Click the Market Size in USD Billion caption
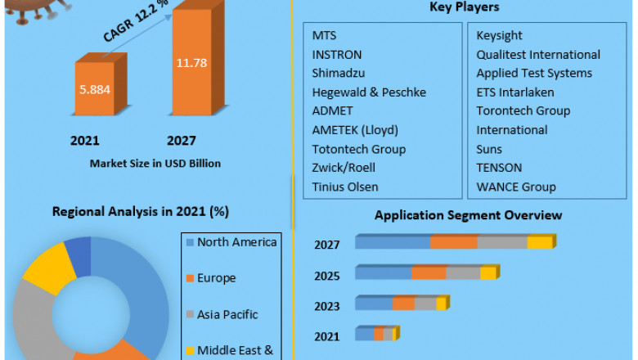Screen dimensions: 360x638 pyautogui.click(x=155, y=163)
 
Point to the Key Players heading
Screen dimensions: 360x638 pyautogui.click(x=465, y=7)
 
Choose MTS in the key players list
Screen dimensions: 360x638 pyautogui.click(x=324, y=35)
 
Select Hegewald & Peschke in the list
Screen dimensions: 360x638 pyautogui.click(x=369, y=92)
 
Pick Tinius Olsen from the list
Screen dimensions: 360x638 pyautogui.click(x=345, y=187)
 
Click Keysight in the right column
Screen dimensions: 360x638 pyautogui.click(x=500, y=35)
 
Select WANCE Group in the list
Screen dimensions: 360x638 pyautogui.click(x=516, y=187)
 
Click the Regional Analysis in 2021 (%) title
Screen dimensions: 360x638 pyautogui.click(x=140, y=211)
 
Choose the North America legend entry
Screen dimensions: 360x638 pyautogui.click(x=236, y=242)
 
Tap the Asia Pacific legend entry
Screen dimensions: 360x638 pyautogui.click(x=227, y=314)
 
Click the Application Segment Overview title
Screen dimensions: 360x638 pyautogui.click(x=468, y=215)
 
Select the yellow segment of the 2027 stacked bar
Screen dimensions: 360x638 pyautogui.click(x=540, y=242)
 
